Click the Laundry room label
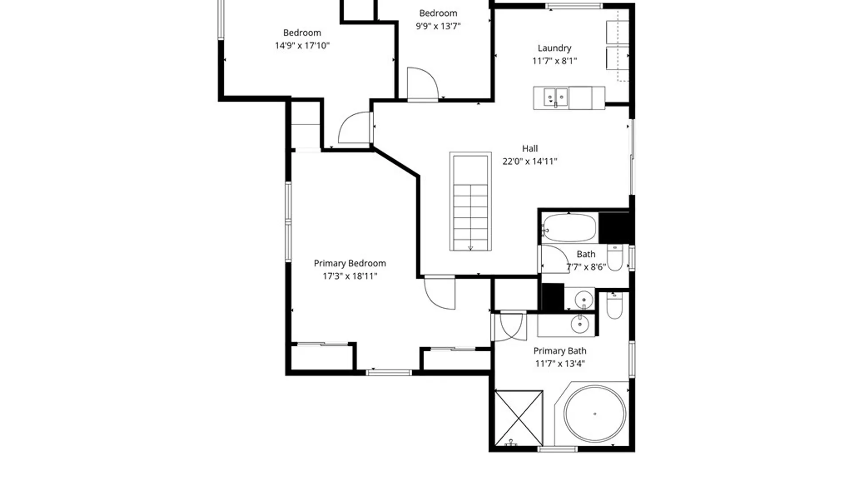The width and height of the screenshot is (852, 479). [x=554, y=48]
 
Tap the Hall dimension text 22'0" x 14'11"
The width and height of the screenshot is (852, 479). [x=529, y=161]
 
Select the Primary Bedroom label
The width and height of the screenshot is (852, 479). [x=350, y=263]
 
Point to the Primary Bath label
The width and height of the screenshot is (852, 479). [x=560, y=351]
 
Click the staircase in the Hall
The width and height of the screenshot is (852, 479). [x=470, y=201]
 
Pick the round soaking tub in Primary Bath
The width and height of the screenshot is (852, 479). [x=595, y=413]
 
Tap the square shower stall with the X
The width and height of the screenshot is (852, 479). [x=519, y=418]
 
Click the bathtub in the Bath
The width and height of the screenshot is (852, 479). [x=569, y=228]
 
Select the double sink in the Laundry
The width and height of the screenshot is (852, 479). [x=556, y=97]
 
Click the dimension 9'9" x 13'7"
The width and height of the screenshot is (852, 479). [x=438, y=26]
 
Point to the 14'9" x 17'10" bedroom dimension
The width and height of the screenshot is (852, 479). [x=302, y=46]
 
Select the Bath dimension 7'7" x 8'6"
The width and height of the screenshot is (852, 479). [x=586, y=267]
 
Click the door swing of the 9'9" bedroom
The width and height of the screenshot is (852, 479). [x=422, y=84]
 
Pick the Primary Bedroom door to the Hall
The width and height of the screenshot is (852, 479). [x=440, y=293]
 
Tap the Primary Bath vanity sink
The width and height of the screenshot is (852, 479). [x=580, y=324]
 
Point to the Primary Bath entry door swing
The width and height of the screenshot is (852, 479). [x=510, y=327]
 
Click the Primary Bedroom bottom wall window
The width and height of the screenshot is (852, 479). [x=389, y=373]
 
